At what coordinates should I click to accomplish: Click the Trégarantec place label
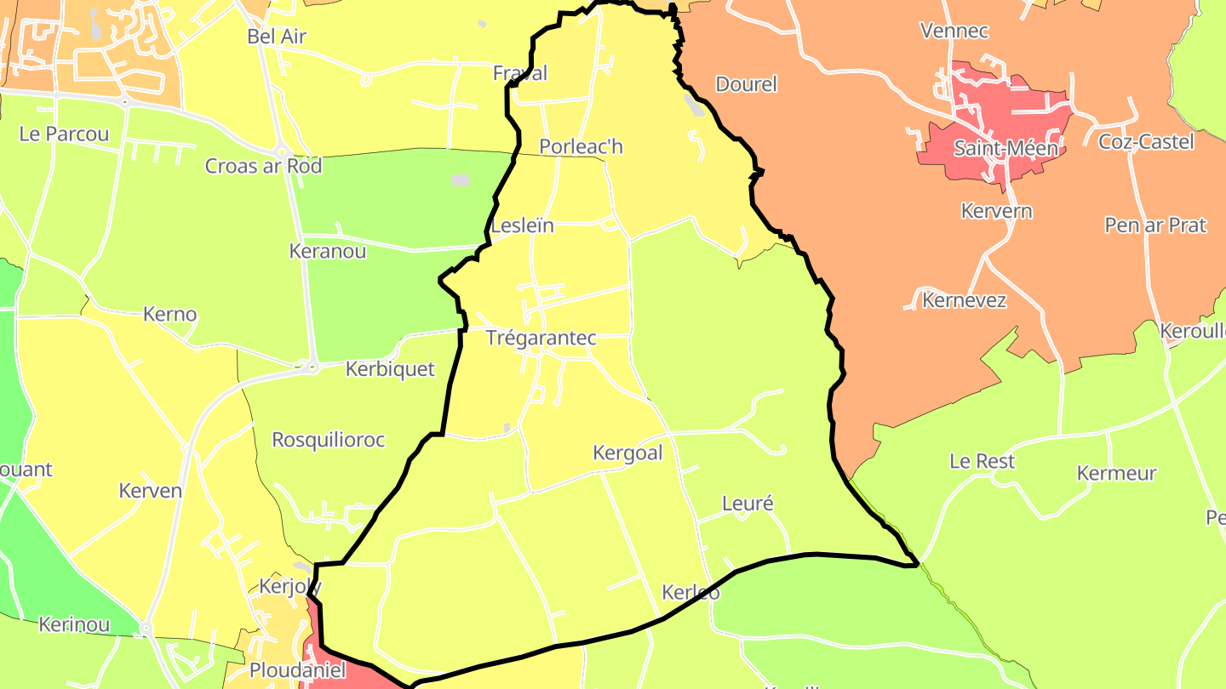(x=541, y=338)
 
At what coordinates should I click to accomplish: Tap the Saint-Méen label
(x=1005, y=149)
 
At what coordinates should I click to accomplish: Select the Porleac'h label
(x=581, y=147)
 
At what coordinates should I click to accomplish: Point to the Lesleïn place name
(x=523, y=226)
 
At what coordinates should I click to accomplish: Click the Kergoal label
(x=627, y=453)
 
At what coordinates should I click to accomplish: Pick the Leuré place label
(x=748, y=504)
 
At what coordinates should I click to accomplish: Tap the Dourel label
(x=747, y=84)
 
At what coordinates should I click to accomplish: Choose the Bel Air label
(x=276, y=37)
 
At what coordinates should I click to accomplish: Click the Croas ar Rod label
(x=263, y=166)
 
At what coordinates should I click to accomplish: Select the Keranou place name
(x=328, y=252)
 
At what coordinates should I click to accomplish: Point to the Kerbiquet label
(x=390, y=369)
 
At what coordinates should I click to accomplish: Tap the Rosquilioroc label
(x=328, y=441)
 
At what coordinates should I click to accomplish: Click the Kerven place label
(x=151, y=491)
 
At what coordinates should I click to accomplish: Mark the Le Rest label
(x=983, y=462)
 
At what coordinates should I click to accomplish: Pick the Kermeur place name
(x=1116, y=474)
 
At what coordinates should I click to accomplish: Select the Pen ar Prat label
(x=1155, y=225)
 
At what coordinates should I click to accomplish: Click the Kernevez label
(x=965, y=300)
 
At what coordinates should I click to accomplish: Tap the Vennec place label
(x=954, y=31)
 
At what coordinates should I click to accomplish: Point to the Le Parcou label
(x=64, y=134)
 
